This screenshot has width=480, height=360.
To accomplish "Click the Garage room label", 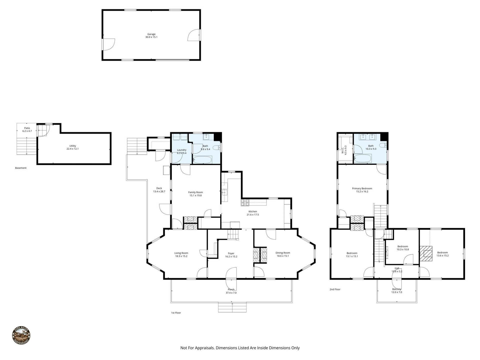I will pyautogui.click(x=151, y=34).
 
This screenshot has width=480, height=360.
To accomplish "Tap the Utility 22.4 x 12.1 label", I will pyautogui.click(x=72, y=147).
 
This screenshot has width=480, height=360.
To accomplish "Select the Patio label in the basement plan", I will pyautogui.click(x=27, y=128).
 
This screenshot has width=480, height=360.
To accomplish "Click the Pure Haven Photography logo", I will pyautogui.click(x=21, y=336).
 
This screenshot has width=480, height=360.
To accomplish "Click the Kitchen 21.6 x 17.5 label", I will pyautogui.click(x=253, y=213).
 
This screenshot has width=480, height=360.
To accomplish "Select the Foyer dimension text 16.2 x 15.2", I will pyautogui.click(x=231, y=257).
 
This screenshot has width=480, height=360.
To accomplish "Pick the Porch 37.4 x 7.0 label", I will pyautogui.click(x=231, y=291).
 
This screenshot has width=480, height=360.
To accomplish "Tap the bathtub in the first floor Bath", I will pyautogui.click(x=202, y=160).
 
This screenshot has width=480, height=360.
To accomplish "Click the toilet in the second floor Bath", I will pyautogui.click(x=382, y=145).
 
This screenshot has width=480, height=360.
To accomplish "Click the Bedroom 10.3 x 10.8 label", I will pyautogui.click(x=402, y=248).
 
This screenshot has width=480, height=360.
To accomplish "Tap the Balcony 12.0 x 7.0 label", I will pyautogui.click(x=397, y=291).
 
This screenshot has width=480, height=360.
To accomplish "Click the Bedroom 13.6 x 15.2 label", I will pyautogui.click(x=442, y=254).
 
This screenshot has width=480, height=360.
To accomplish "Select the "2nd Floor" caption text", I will pyautogui.click(x=335, y=289).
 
